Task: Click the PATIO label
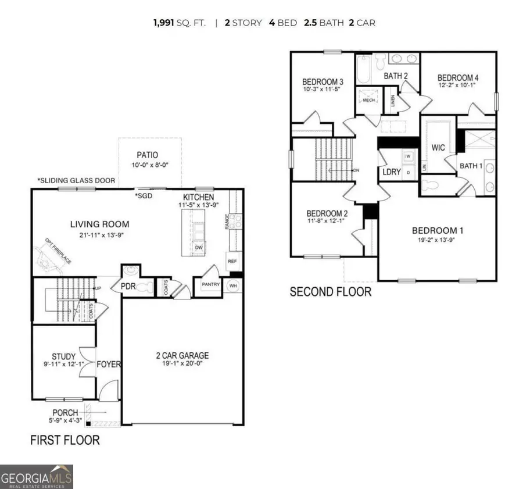click(148, 155)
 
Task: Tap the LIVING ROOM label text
click(100, 224)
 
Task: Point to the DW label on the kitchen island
click(198, 247)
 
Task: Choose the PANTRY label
click(209, 284)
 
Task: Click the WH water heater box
click(234, 285)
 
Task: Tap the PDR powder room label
click(128, 286)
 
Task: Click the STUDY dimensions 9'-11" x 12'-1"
click(60, 365)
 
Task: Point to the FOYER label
click(109, 365)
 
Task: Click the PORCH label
click(64, 413)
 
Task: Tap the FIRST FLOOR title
click(65, 440)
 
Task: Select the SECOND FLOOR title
click(330, 291)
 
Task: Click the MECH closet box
click(368, 100)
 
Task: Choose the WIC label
click(438, 148)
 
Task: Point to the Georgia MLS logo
click(37, 476)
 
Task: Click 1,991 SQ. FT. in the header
click(179, 23)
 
